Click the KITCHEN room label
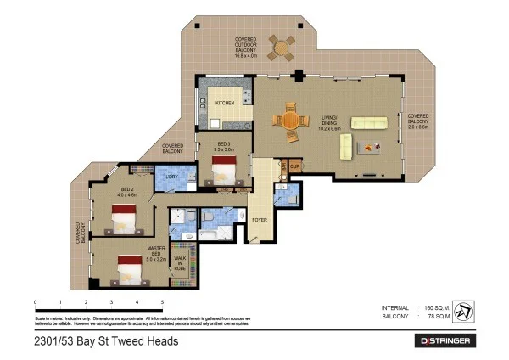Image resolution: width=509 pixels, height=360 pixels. tap(224, 104)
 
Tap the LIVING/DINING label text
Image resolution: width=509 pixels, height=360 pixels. tap(329, 124)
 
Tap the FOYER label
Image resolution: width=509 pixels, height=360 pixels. tap(260, 220)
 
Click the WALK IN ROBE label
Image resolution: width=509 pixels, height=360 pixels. tap(179, 262)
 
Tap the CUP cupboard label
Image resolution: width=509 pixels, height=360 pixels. tap(294, 166)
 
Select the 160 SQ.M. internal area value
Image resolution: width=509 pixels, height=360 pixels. tap(433, 307)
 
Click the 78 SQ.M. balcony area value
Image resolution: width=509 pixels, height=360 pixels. tap(434, 317)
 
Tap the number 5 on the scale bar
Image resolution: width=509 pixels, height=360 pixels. tap(161, 302)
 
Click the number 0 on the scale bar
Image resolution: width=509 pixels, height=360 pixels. tap(36, 302)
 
